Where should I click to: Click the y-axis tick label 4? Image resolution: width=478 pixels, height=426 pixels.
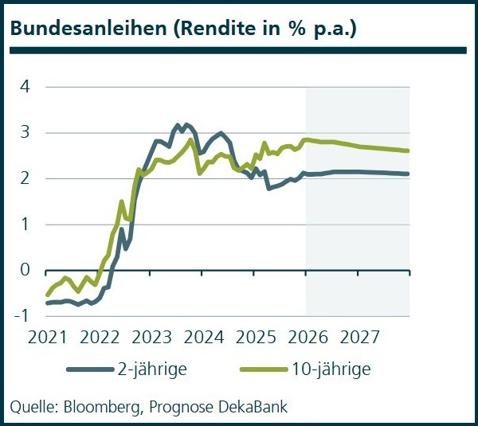(x=25, y=86)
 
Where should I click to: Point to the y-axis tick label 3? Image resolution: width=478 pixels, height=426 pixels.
(x=25, y=132)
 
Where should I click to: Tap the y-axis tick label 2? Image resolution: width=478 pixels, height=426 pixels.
(x=25, y=178)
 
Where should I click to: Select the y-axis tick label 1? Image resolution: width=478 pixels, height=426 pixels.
(x=25, y=225)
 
